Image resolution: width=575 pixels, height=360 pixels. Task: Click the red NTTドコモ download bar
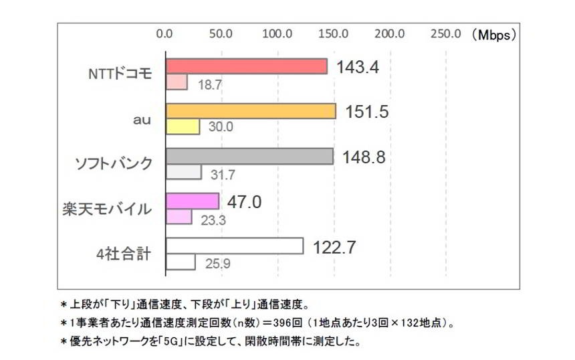(246, 66)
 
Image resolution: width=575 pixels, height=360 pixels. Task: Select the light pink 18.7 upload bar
(176, 83)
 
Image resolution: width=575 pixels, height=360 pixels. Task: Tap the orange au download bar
(250, 111)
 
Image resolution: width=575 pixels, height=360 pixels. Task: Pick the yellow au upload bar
(182, 127)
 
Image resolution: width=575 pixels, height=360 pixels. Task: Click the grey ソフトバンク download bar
(249, 156)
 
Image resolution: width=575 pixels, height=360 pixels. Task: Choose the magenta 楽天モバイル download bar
(192, 201)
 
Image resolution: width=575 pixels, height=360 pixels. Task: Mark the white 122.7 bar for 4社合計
(234, 246)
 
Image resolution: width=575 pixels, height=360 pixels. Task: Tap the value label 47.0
(244, 201)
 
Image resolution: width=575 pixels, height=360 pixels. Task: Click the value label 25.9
(217, 264)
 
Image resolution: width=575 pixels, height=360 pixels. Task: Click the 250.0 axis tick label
(445, 33)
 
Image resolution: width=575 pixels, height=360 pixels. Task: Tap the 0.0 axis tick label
(164, 33)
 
